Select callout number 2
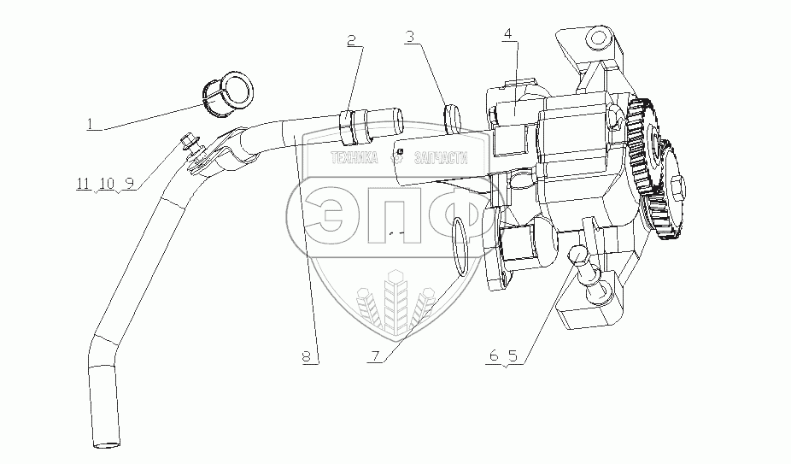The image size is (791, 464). [x=351, y=39]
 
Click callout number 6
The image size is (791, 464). [x=494, y=358]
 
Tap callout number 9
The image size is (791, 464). [x=131, y=184]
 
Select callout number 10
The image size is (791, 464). [x=107, y=184]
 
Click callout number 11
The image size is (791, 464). [x=82, y=184]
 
